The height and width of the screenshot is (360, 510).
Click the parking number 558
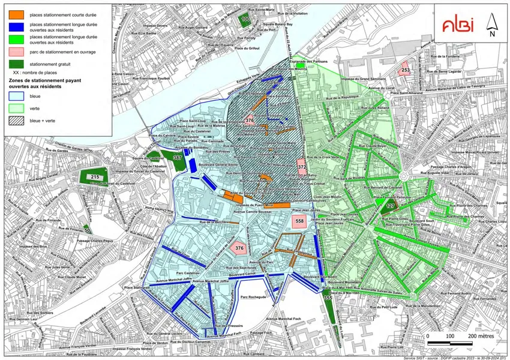pos(299,221)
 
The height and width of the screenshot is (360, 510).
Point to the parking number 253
pos(406,70)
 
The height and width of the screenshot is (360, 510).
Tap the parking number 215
pos(95,178)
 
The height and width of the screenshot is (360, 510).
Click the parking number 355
pos(328,298)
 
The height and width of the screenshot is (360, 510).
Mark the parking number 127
pos(391,206)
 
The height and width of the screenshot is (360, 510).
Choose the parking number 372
pos(302,167)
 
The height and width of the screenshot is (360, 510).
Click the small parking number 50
pos(87,230)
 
